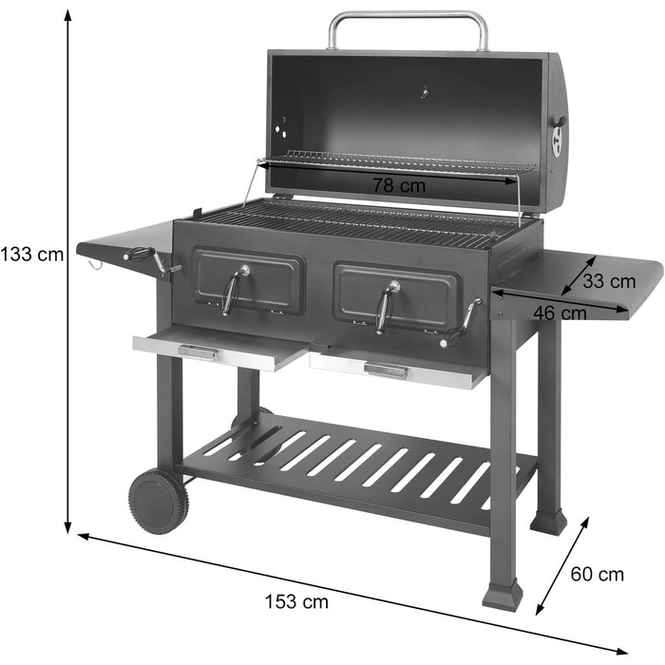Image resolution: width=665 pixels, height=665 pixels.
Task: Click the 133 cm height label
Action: click(32, 255)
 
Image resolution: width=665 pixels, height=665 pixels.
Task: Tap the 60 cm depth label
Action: click(598, 574)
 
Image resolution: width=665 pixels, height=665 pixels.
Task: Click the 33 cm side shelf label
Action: click(609, 281)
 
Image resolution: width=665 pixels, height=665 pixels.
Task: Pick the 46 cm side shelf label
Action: click(560, 312)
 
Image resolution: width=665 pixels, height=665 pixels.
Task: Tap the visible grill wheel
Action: click(158, 501)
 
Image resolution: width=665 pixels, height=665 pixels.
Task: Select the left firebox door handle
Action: click(233, 288)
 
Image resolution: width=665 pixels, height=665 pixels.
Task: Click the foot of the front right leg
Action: click(502, 597)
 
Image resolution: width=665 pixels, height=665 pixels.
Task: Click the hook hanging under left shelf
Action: click(96, 264)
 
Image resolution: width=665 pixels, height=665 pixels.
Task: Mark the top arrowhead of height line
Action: click(68, 13)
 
